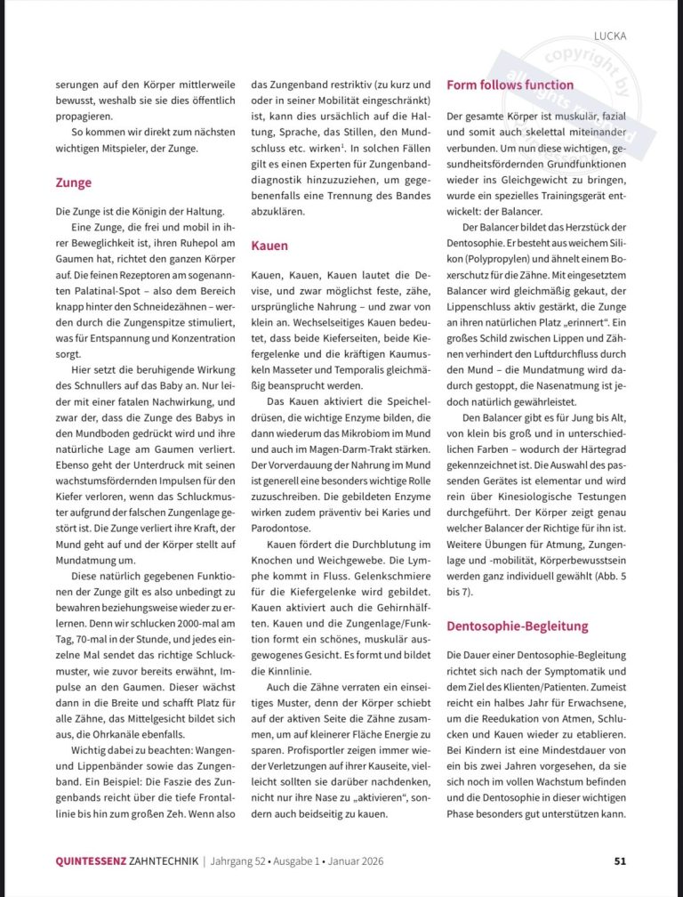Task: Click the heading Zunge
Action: (73, 182)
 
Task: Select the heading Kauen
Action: (269, 244)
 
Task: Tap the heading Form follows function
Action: (510, 85)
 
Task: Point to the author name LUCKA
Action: (611, 36)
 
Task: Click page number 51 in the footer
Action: (621, 861)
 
